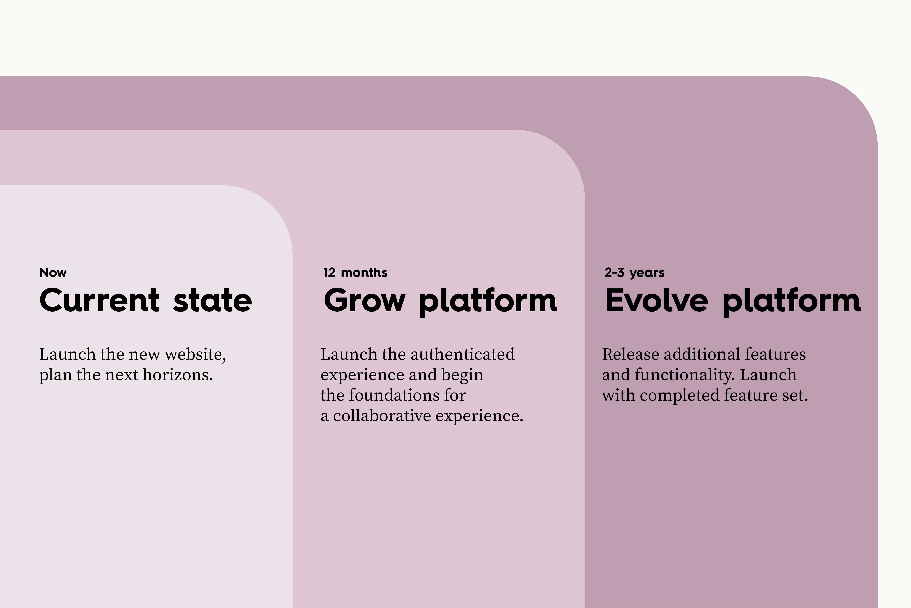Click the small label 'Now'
click(x=53, y=273)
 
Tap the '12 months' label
click(x=355, y=273)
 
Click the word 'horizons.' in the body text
click(x=178, y=375)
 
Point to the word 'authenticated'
click(x=463, y=354)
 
